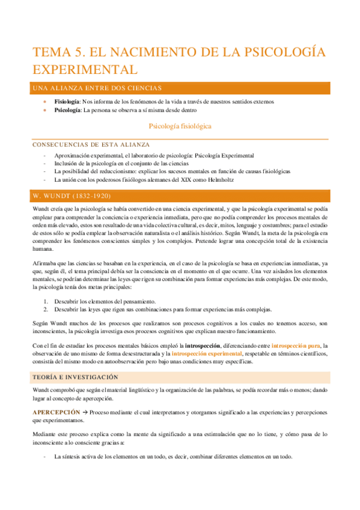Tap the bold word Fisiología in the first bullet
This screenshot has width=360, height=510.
click(67, 102)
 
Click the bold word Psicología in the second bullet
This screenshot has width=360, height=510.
click(67, 110)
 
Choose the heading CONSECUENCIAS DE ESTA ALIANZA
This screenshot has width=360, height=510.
click(91, 145)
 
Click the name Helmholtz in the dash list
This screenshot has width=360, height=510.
click(220, 180)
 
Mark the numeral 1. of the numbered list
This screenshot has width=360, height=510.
click(46, 301)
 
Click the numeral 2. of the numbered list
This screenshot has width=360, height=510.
click(46, 309)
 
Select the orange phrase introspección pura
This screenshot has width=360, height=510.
click(280, 346)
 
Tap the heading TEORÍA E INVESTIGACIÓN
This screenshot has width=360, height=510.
click(75, 376)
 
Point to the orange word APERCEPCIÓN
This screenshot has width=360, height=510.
click(56, 411)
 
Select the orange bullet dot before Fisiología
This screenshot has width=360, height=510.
click(44, 102)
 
